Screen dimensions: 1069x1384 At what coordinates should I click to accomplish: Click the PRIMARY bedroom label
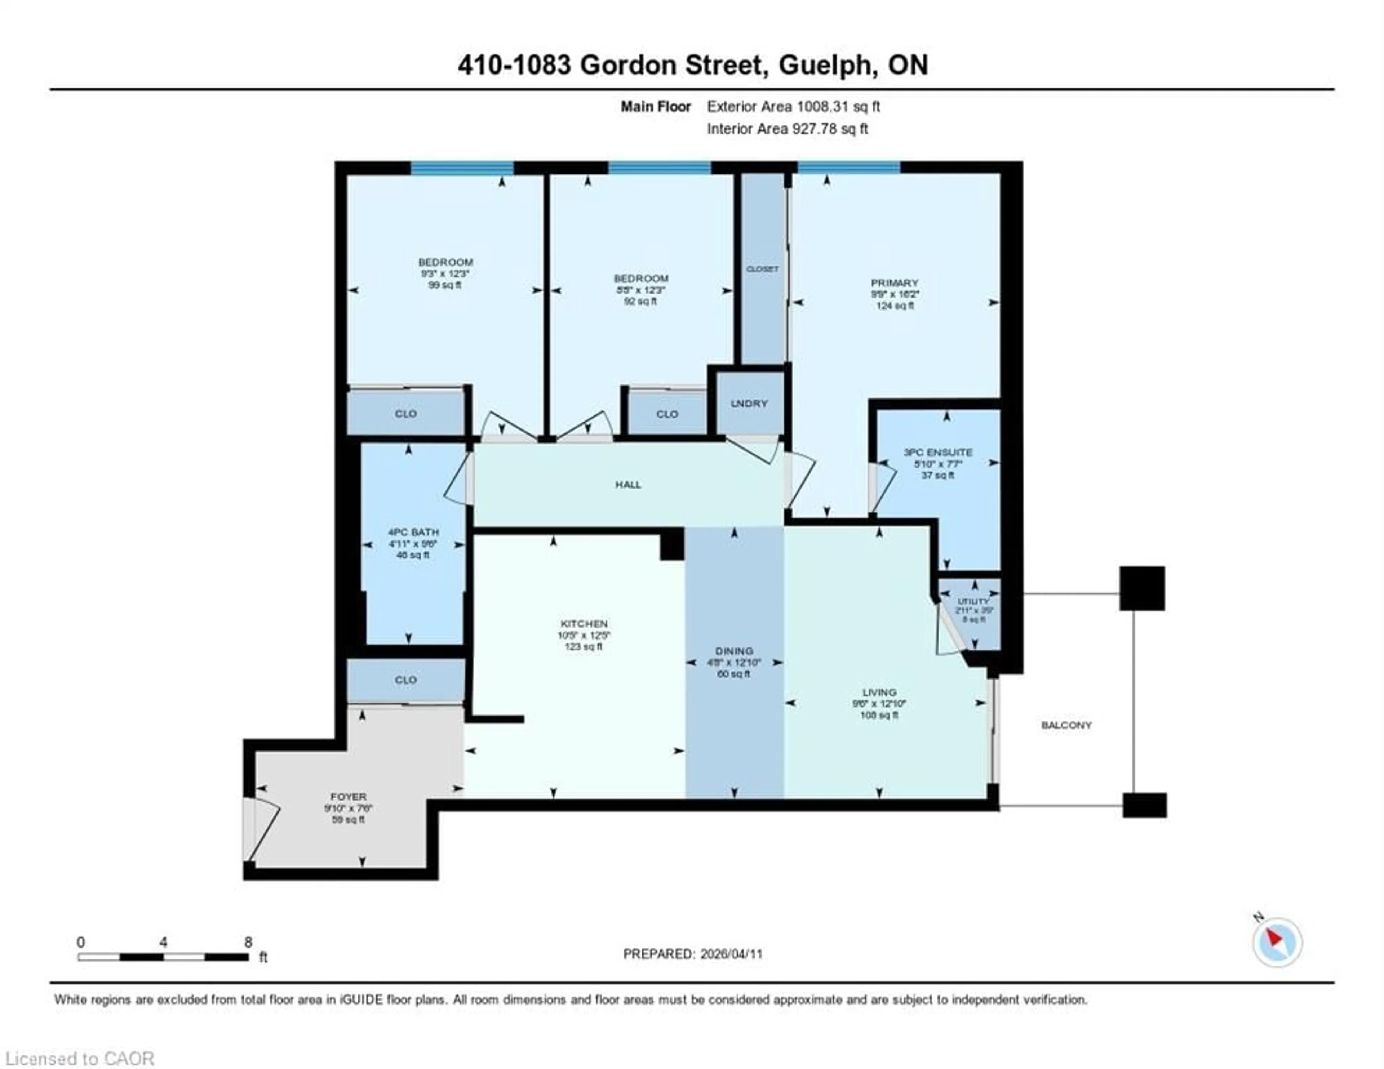pyautogui.click(x=894, y=282)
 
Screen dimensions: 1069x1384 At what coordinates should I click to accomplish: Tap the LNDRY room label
pyautogui.click(x=749, y=404)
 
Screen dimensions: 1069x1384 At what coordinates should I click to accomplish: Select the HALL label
pyautogui.click(x=628, y=485)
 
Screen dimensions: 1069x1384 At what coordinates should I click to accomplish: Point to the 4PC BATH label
pyautogui.click(x=413, y=532)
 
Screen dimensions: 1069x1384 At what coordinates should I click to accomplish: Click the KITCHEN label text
pyautogui.click(x=584, y=624)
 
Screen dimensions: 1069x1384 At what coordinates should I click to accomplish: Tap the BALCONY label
pyautogui.click(x=1066, y=725)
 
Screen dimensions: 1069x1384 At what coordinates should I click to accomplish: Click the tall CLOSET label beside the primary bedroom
pyautogui.click(x=762, y=269)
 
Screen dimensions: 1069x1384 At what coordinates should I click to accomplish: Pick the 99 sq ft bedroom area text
pyautogui.click(x=445, y=285)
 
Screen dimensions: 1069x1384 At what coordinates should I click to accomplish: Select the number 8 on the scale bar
pyautogui.click(x=248, y=942)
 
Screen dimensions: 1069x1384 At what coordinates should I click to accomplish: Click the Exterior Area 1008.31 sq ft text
pyautogui.click(x=793, y=106)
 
